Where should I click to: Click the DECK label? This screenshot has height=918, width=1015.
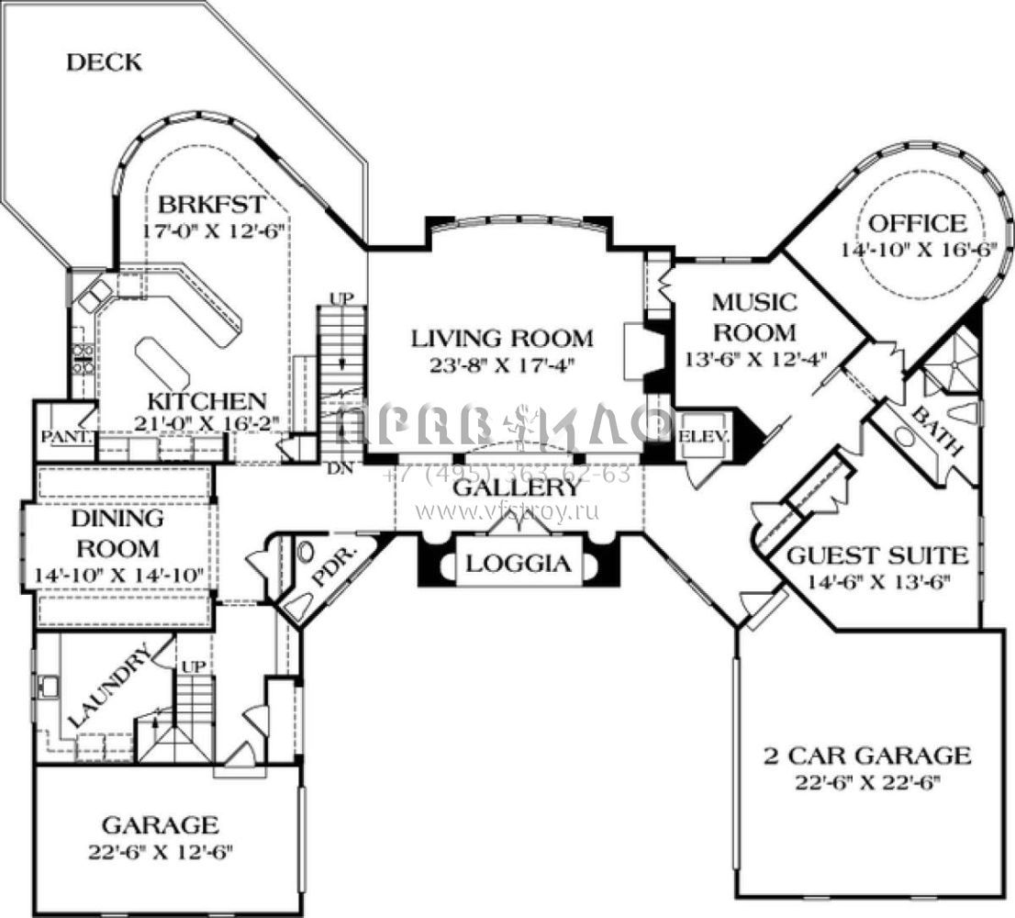pos(106,62)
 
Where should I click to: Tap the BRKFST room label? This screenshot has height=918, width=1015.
pos(211,203)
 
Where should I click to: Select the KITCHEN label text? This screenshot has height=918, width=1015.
pos(208,401)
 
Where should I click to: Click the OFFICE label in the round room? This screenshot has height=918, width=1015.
pos(917,223)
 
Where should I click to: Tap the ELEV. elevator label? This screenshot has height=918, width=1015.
pos(703,436)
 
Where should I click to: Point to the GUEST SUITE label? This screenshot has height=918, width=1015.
pos(877,555)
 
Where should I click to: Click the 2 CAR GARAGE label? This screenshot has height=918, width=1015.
pos(867,756)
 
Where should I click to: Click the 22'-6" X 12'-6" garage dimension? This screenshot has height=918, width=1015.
pos(161,850)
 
